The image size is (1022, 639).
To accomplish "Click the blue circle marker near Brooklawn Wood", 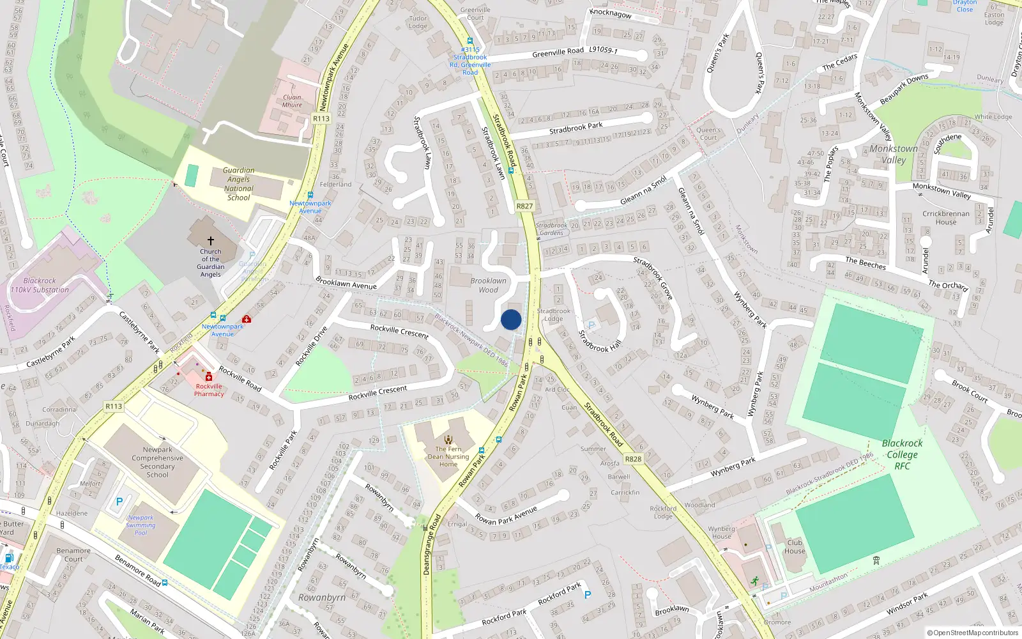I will [x=511, y=319].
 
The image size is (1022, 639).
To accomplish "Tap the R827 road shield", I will [x=524, y=206].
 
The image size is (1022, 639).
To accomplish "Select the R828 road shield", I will [x=633, y=459].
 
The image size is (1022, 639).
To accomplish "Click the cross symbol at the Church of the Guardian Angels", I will [x=210, y=241].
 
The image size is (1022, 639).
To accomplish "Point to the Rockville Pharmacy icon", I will [x=209, y=377].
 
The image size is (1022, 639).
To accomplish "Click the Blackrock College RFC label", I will [x=902, y=454].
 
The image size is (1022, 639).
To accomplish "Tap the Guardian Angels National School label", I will [x=239, y=184].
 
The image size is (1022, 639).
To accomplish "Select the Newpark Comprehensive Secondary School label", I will [x=158, y=462].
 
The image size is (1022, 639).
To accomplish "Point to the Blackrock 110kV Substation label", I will [x=40, y=285].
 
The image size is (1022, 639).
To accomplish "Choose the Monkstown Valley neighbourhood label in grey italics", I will [x=894, y=154].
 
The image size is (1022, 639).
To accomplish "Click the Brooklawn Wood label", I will [x=488, y=285].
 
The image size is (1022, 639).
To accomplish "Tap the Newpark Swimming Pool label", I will [x=141, y=525].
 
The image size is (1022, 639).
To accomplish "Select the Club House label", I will [x=795, y=546].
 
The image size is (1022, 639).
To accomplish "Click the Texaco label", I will [x=9, y=567].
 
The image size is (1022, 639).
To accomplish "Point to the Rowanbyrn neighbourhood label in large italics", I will [x=322, y=597].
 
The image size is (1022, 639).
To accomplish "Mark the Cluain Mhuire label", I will [x=292, y=101].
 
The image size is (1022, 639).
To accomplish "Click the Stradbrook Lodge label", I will [x=553, y=314].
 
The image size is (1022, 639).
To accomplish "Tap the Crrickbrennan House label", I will [x=946, y=218].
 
